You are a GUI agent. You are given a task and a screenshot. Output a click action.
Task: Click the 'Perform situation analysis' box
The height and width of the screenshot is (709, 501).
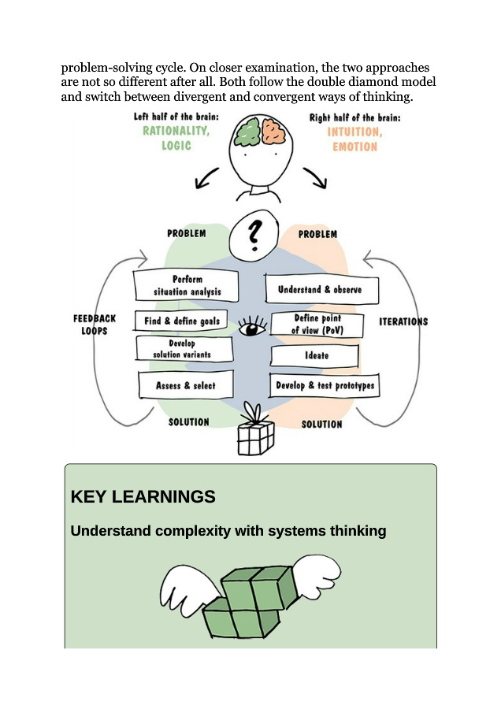pyautogui.click(x=187, y=286)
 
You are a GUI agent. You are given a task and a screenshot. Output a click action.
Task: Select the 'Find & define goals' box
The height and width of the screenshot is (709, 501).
pyautogui.click(x=181, y=321)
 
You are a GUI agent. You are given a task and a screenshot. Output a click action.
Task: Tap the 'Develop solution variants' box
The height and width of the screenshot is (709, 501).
pyautogui.click(x=184, y=349)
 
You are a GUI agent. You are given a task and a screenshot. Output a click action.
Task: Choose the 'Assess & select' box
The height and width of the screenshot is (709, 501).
pyautogui.click(x=186, y=386)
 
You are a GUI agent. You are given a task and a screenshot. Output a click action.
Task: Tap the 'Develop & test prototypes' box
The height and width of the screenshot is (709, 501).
pyautogui.click(x=323, y=387)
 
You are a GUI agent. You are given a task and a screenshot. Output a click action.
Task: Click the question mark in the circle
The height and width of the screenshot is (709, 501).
pyautogui.click(x=254, y=234)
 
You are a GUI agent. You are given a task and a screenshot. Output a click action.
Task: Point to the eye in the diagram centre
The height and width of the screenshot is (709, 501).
pyautogui.click(x=252, y=326)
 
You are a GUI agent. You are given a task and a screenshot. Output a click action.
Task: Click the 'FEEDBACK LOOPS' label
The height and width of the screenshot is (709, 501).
pyautogui.click(x=94, y=325)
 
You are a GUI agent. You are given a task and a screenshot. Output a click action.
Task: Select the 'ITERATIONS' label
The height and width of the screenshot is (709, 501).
pyautogui.click(x=403, y=321)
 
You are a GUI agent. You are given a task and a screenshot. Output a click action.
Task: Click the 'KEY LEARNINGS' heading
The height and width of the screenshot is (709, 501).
pyautogui.click(x=143, y=497)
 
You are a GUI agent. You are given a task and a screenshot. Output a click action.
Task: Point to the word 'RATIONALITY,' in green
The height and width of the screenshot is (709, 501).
pyautogui.click(x=176, y=132)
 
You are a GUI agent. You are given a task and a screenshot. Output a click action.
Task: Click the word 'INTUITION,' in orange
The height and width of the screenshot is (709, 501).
pyautogui.click(x=354, y=132)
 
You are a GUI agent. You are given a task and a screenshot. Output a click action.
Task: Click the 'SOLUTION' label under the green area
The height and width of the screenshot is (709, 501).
pyautogui.click(x=189, y=422)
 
